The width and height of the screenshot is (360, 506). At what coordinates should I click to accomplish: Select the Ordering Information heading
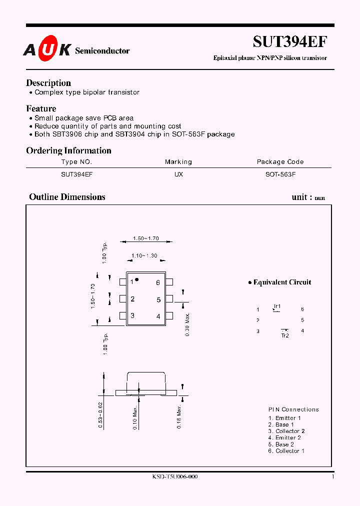(68, 150)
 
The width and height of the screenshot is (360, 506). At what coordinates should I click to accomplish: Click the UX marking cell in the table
(178, 174)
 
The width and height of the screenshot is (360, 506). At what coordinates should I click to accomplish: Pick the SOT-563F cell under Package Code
(280, 174)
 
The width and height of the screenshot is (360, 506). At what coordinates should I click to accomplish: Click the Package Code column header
(280, 162)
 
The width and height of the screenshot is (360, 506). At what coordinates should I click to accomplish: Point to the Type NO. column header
(76, 162)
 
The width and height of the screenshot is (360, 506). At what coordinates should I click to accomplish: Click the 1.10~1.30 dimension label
(144, 256)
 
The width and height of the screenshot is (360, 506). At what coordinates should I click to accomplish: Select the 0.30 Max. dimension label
(187, 324)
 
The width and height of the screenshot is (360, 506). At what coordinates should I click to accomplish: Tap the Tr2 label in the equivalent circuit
(285, 336)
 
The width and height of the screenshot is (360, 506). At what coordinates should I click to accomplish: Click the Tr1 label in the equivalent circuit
(277, 306)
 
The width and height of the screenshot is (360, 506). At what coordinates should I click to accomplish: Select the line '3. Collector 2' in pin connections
(286, 431)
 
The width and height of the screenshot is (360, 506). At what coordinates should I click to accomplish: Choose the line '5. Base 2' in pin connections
(281, 444)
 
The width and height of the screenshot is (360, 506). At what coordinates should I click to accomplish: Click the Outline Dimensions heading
(67, 197)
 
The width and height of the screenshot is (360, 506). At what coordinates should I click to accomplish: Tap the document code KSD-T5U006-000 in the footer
(175, 477)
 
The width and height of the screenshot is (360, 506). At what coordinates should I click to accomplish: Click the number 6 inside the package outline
(158, 282)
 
